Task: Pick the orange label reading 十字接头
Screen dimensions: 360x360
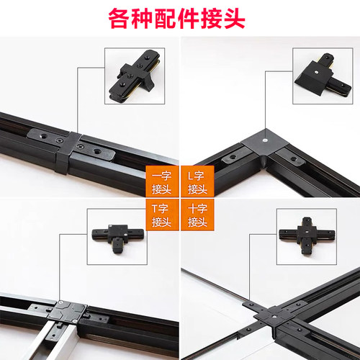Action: point(197,215)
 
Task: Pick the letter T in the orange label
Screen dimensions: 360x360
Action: point(154,208)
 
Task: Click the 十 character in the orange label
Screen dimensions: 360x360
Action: point(191,208)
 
